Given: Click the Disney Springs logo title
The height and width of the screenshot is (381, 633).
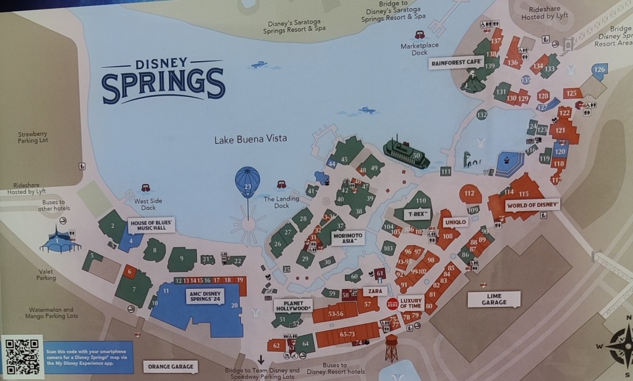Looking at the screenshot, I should point(163,78).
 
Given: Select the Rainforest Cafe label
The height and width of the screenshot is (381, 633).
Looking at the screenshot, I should point(457,63).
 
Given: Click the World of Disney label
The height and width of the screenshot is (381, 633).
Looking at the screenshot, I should point(532,204).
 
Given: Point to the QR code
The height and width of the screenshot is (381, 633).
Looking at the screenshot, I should point(22,356).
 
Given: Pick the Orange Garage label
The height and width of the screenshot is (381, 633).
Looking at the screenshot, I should point(171,366).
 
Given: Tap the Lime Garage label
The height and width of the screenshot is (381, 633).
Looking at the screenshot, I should point(494,299).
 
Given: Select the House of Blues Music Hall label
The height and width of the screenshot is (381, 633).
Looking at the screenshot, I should point(151,225).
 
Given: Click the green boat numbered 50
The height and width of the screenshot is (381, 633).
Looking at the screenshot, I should point(406,154).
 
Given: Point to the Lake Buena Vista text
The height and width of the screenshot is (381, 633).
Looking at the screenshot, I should point(250,140).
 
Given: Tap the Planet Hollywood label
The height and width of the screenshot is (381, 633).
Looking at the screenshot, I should point(292,306).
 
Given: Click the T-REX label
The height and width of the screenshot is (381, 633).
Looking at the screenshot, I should point(417,214).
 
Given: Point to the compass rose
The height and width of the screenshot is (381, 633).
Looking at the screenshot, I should point(621,346).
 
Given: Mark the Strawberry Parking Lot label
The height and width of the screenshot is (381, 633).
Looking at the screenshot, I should point(32,137).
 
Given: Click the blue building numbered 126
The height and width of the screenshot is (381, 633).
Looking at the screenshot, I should point(598,70).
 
